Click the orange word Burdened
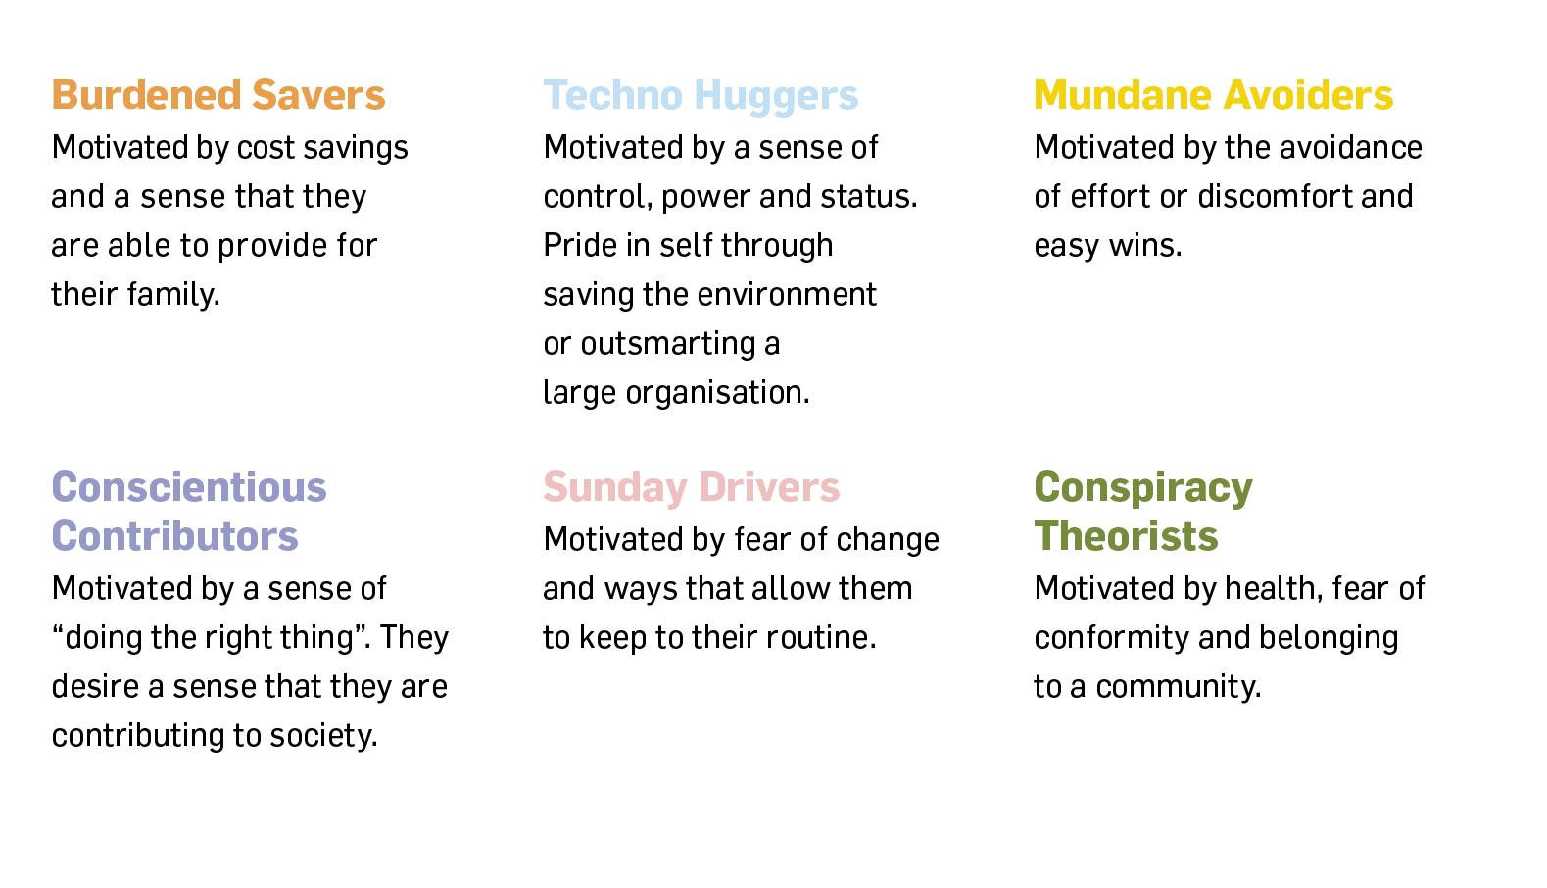[146, 95]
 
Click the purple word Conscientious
[189, 487]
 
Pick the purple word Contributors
[174, 536]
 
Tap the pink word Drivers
[769, 487]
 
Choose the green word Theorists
[1126, 536]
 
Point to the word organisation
[717, 393]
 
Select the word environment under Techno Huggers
[787, 295]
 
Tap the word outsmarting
[668, 344]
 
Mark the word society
[324, 736]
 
